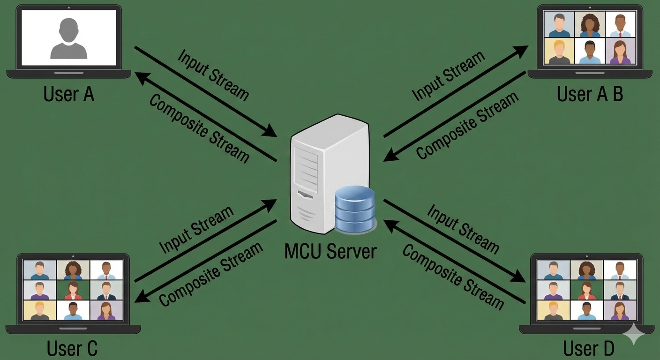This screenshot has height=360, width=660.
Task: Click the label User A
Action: click(69, 94)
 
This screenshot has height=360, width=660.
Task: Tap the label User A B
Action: click(590, 94)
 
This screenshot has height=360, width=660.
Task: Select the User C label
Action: click(72, 348)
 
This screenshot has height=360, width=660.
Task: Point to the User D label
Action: click(589, 349)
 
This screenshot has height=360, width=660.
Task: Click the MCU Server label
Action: click(330, 251)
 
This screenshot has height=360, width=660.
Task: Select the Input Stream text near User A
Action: click(213, 74)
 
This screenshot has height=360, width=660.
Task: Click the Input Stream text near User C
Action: click(196, 229)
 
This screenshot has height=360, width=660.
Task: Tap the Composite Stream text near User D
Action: click(453, 277)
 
